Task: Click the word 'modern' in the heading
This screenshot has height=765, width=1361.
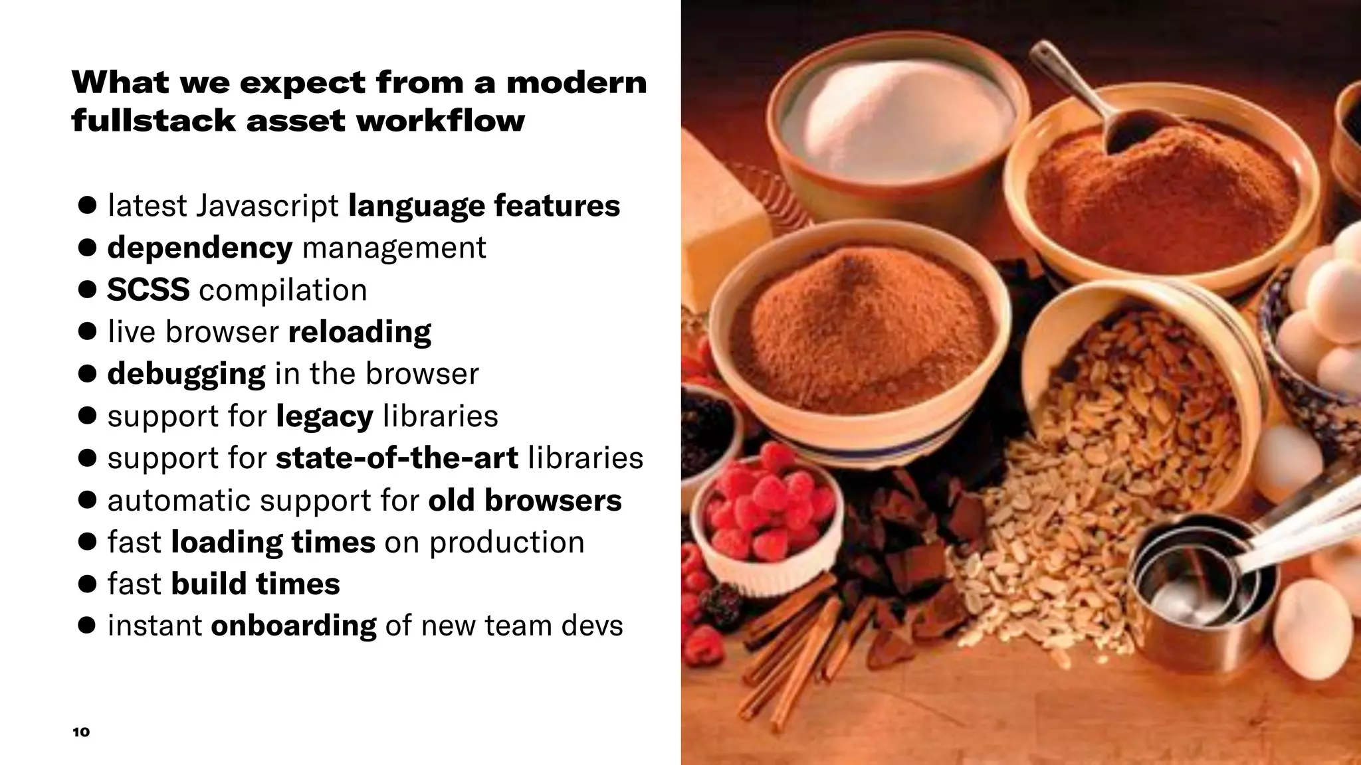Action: [x=576, y=84]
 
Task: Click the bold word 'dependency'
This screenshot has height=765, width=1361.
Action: [x=199, y=248]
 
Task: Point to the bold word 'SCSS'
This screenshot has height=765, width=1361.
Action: [x=148, y=290]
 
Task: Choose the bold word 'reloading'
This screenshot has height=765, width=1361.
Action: [x=360, y=332]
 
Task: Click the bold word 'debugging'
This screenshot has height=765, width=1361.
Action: [x=186, y=374]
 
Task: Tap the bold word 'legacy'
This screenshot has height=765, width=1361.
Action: [x=324, y=416]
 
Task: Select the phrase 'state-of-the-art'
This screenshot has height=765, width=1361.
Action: [x=397, y=458]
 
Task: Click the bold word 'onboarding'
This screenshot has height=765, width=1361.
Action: [x=293, y=626]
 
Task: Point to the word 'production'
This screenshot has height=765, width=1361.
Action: [x=506, y=543]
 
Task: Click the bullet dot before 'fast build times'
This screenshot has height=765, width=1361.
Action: [x=87, y=584]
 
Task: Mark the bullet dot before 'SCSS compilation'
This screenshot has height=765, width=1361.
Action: [x=87, y=290]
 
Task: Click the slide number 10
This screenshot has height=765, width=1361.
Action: [x=80, y=732]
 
